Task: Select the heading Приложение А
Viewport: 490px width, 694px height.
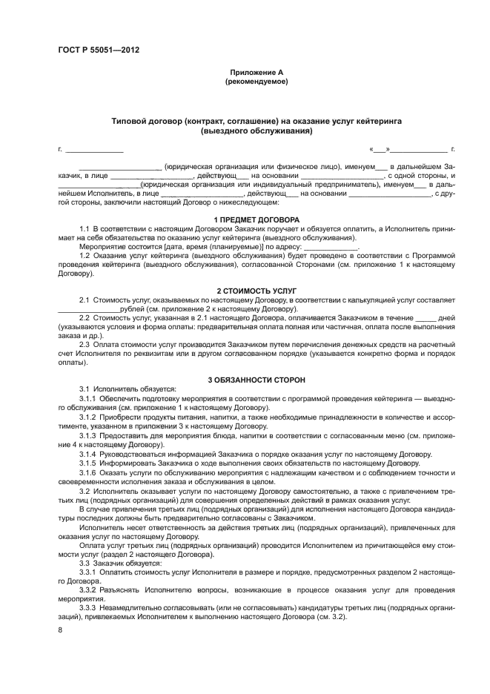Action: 256,72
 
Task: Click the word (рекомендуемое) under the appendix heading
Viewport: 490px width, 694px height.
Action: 256,81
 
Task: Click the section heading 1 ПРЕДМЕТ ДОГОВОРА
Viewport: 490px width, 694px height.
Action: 256,220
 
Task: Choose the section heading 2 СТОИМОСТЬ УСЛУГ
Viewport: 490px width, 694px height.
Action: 256,290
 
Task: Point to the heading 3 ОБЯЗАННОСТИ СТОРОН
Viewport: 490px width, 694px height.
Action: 256,380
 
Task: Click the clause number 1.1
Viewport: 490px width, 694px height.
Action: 85,229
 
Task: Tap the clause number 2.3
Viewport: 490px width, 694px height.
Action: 85,344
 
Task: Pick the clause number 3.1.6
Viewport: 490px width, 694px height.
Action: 88,472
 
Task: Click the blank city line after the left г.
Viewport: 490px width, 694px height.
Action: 94,151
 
